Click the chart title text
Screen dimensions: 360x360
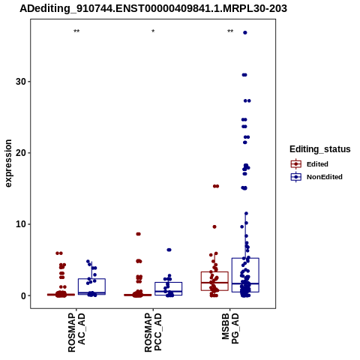[x=153, y=9]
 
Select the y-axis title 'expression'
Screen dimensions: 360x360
[x=8, y=163]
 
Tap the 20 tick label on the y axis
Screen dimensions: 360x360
[x=21, y=153]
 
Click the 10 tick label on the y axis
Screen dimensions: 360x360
[x=21, y=224]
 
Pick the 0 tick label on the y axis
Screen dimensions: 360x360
[x=24, y=295]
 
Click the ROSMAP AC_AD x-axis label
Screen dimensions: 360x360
[x=76, y=333]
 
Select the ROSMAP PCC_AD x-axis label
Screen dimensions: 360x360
[x=153, y=333]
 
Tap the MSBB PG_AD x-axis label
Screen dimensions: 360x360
[x=230, y=328]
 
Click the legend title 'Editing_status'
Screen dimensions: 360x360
[x=320, y=149]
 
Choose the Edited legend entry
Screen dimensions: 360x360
[x=310, y=164]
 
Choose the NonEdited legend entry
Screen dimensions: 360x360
[x=316, y=177]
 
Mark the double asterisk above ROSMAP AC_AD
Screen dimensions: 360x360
[x=76, y=31]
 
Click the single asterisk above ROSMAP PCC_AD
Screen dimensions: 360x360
[x=153, y=31]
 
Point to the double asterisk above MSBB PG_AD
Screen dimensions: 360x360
[x=230, y=31]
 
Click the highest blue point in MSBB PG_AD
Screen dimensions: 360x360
[x=245, y=32]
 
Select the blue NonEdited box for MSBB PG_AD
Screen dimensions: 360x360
[x=245, y=258]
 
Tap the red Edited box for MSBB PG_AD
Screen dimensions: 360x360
[x=214, y=272]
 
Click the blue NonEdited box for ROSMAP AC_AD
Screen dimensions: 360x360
[x=91, y=279]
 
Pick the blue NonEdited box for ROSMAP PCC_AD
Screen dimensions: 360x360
[x=169, y=283]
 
